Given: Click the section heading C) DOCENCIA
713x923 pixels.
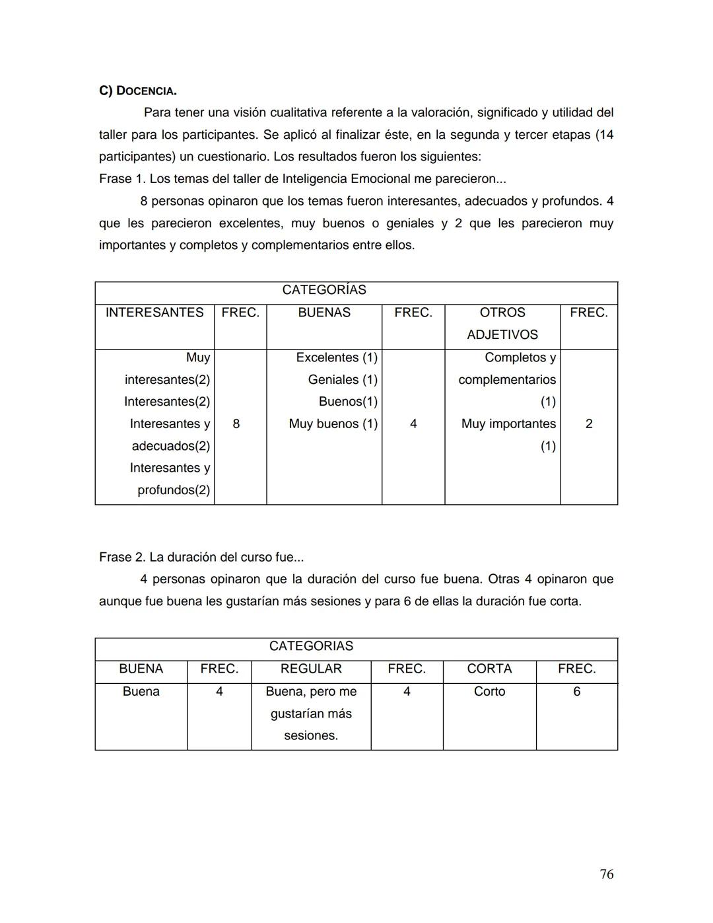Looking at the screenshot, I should (137, 91).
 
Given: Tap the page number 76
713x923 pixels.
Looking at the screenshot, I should (606, 874).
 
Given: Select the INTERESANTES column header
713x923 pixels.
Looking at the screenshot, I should (154, 313).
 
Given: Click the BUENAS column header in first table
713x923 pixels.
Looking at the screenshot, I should (324, 313).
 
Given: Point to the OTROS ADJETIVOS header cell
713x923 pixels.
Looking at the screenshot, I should (502, 323).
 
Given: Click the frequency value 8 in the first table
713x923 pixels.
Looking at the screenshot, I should (236, 424).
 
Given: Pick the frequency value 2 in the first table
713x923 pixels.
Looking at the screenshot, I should (589, 424).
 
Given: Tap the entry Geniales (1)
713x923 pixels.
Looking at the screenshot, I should (343, 380).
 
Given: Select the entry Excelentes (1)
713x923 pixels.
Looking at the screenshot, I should (337, 357).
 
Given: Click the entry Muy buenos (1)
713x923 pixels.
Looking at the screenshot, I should (333, 424).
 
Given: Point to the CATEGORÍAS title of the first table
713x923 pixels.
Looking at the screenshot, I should (324, 290).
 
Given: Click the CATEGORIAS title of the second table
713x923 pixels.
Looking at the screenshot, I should (311, 646).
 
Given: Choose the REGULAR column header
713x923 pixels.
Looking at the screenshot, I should (311, 669).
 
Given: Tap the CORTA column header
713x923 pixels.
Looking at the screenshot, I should (489, 669).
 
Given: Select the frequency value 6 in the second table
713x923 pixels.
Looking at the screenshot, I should (576, 691).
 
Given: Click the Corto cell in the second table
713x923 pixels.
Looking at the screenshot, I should (489, 691).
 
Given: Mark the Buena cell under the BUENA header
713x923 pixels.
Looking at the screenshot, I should (141, 691).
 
